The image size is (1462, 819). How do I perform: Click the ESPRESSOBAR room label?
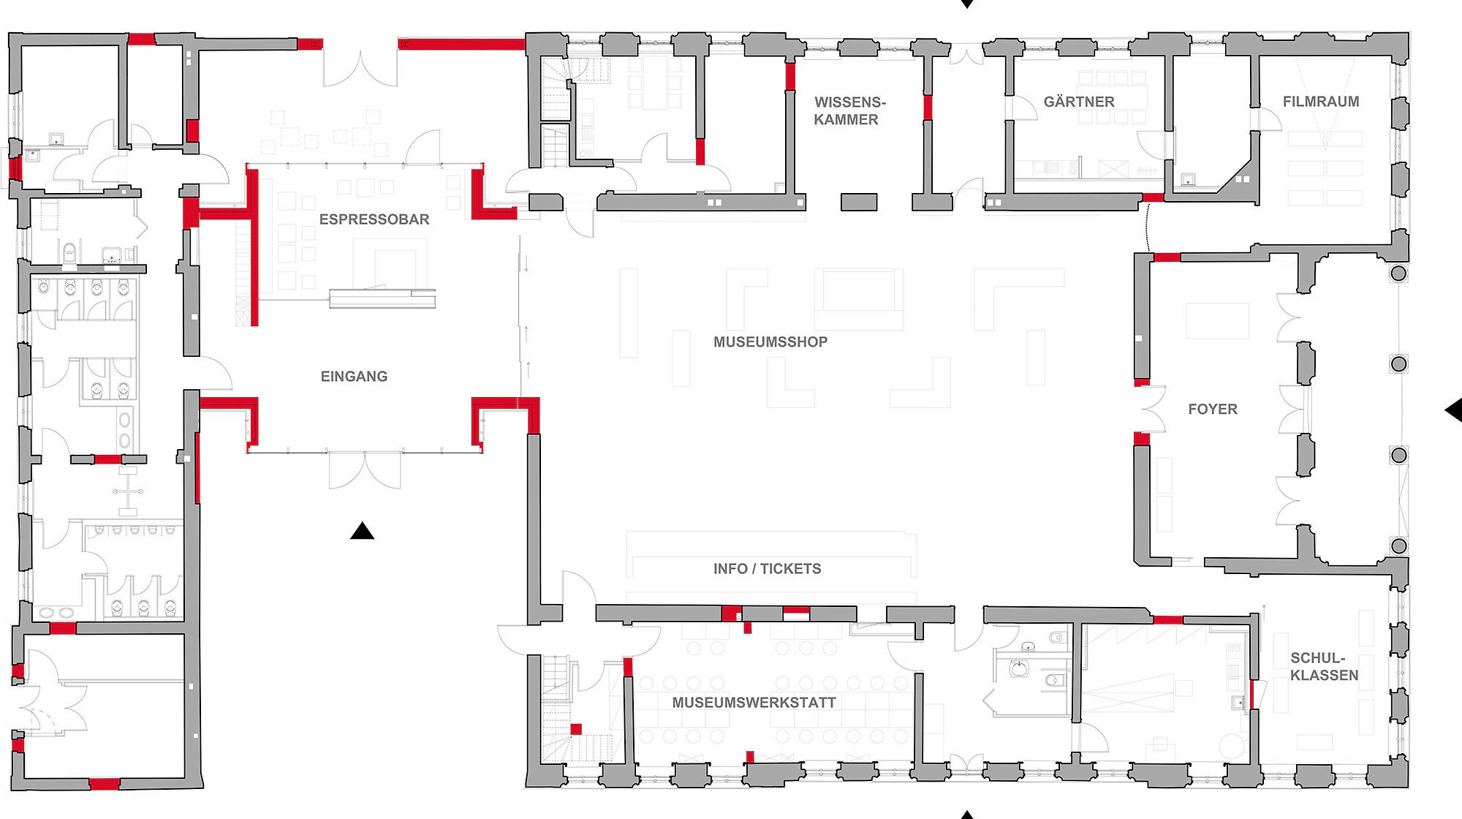click(x=374, y=219)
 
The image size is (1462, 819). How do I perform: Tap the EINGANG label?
click(x=354, y=377)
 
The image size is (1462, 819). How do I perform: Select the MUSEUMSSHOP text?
click(x=770, y=342)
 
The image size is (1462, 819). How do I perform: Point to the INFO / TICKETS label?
click(x=768, y=569)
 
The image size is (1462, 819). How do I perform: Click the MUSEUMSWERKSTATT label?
click(x=754, y=703)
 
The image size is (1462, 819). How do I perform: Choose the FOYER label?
click(x=1213, y=409)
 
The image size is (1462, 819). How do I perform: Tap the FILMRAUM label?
click(x=1321, y=102)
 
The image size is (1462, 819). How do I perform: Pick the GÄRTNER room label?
click(x=1079, y=102)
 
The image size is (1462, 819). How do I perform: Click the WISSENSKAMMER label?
click(x=848, y=111)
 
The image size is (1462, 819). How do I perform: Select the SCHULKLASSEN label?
click(x=1324, y=667)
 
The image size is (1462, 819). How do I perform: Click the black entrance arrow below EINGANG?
click(x=362, y=531)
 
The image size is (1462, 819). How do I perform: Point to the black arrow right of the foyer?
click(x=1453, y=410)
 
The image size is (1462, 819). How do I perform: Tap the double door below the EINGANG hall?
click(x=365, y=470)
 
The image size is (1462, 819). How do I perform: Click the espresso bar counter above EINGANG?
click(x=382, y=298)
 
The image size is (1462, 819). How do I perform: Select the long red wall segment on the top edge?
click(x=461, y=45)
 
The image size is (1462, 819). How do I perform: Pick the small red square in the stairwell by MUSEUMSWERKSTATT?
click(x=576, y=729)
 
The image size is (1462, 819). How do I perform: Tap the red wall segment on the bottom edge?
click(x=105, y=784)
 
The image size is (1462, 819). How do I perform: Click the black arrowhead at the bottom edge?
click(x=966, y=815)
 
